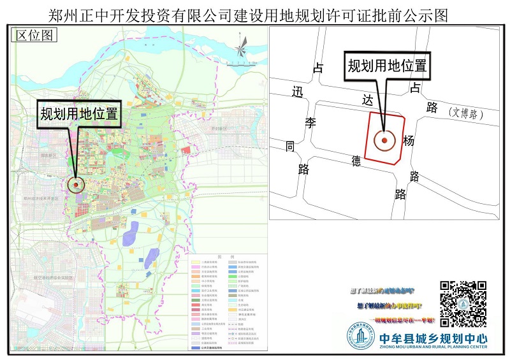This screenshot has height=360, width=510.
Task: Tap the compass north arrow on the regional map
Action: coord(242,45)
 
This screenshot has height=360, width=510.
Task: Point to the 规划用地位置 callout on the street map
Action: coord(386,65)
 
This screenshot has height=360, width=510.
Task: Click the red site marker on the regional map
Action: coord(76,184)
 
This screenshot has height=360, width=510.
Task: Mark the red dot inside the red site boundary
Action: coord(384,140)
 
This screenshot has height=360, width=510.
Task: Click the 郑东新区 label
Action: coord(48,155)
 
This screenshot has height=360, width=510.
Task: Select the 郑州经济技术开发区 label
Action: coord(40,199)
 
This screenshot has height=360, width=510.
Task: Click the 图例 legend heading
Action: coord(222,256)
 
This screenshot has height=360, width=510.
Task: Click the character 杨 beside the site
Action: coord(409,141)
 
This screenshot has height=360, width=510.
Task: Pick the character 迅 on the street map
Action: coord(296,92)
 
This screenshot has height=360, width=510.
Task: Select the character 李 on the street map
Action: coord(310,123)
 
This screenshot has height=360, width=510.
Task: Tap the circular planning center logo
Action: coord(360,338)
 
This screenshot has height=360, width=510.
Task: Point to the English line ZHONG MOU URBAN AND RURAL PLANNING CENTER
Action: coord(432,347)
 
